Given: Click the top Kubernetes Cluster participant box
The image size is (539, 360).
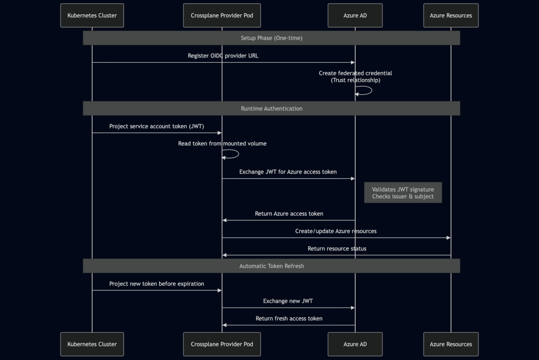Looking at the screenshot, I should point(92,15).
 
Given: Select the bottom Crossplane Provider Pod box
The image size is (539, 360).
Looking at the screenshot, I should point(222,344).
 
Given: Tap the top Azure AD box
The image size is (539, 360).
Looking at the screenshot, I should point(355,15).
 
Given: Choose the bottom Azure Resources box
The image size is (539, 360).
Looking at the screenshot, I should point(450,344).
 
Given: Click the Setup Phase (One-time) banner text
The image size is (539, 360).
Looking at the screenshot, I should point(271,38).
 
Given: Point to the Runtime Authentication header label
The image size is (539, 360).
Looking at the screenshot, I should point(271,109).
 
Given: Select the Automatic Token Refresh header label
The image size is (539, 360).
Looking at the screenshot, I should point(271,266).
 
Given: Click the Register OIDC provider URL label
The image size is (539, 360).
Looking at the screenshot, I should point(223,56).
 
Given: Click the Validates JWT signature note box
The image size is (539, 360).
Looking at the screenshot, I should point(403,193).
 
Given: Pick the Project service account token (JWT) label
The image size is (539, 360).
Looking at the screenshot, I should point(156,127).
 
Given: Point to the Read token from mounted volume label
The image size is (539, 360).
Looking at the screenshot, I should point(222,143).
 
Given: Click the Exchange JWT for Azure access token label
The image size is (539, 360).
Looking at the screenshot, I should point(288,172).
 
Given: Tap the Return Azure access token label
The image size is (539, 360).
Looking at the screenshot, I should point(289,214).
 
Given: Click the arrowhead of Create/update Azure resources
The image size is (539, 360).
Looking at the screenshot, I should point(448,238).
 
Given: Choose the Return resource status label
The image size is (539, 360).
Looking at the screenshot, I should point(337,249).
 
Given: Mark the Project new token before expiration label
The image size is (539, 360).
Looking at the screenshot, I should point(156,284).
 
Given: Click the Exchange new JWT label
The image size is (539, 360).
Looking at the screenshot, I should point(288,301).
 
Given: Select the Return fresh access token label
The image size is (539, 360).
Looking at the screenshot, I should point(289,318).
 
